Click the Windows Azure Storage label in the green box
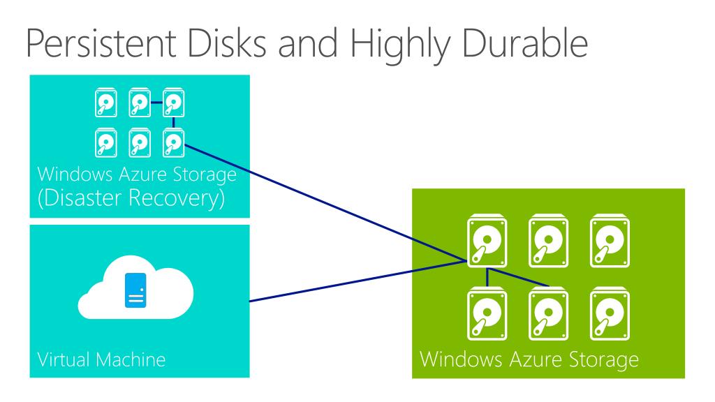pyautogui.click(x=529, y=361)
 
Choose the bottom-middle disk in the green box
pyautogui.click(x=544, y=312)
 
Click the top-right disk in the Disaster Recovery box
pyautogui.click(x=172, y=104)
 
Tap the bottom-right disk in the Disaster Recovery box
pyautogui.click(x=172, y=142)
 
